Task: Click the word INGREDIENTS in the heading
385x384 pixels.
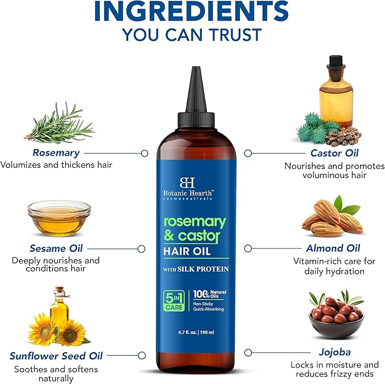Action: pos(192,11)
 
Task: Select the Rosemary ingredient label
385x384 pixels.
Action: pos(56,153)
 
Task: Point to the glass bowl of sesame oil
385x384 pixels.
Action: pos(59,218)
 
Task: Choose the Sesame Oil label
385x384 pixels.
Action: pos(56,248)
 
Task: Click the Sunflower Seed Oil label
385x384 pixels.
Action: pos(56,356)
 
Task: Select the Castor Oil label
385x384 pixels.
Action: pos(334,153)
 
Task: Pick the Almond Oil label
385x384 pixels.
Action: pos(333,248)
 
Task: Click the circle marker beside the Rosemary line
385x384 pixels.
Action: pos(145,153)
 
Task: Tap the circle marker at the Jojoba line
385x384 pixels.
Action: pos(248,352)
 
